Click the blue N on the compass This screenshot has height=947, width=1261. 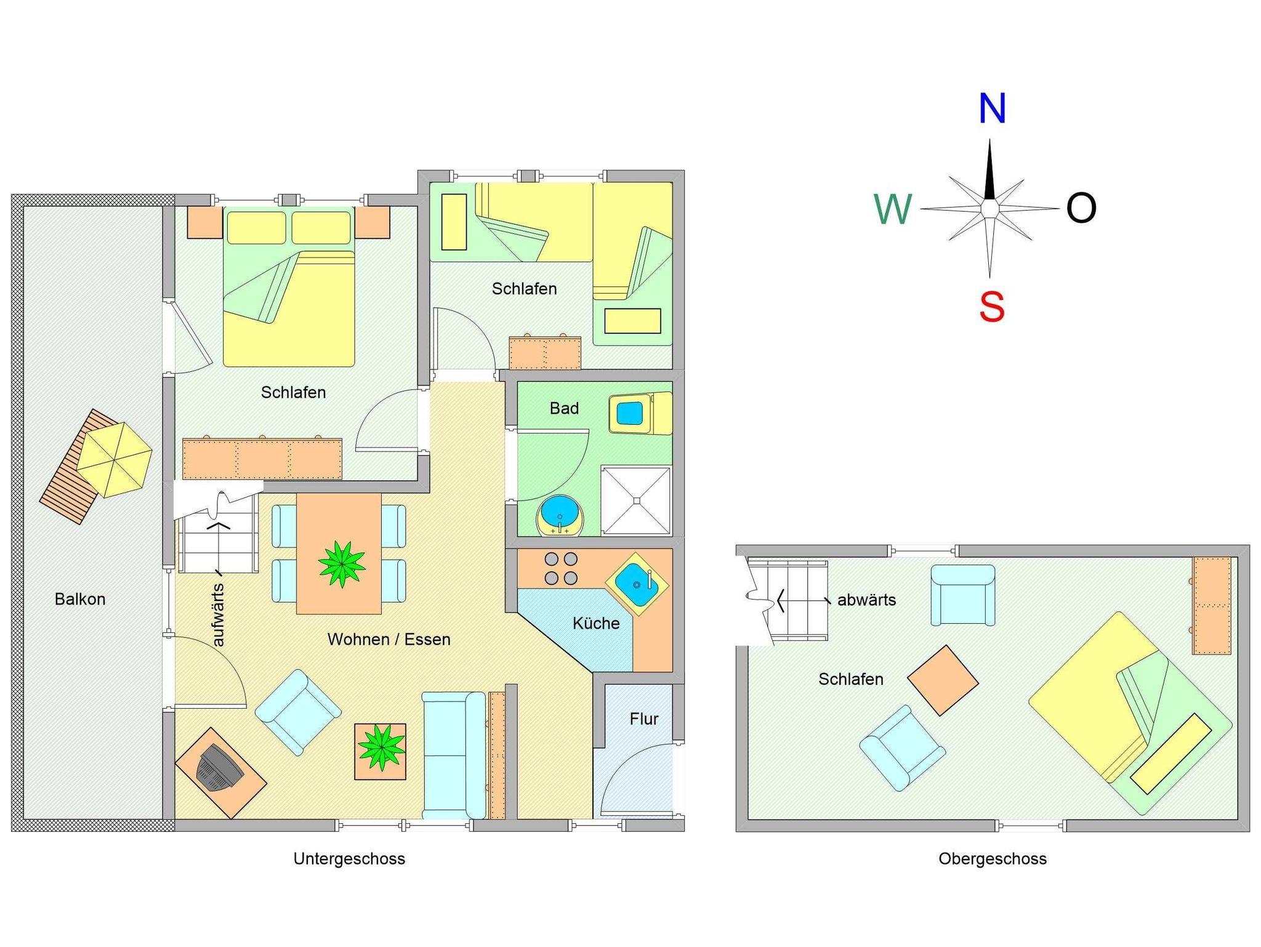coord(992,109)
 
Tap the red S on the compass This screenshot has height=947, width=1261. coord(991,307)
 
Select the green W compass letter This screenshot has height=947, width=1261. coord(893,209)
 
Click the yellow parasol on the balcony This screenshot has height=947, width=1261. coord(115,459)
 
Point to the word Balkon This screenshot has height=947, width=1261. coord(80,599)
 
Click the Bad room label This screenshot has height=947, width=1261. coord(564,408)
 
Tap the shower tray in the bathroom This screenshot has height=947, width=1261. coord(636,501)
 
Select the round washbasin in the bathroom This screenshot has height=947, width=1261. coord(559,516)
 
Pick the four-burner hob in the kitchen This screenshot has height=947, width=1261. coord(561,568)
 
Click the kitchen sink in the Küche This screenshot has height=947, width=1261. coord(637,584)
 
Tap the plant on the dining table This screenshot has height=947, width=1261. coord(342,563)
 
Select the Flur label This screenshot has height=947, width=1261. coord(644,719)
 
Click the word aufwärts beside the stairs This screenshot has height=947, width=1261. coord(218,615)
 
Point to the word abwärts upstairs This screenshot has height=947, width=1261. coord(866,600)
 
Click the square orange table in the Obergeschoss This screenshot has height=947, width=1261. coord(943,680)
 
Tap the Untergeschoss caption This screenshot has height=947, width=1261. coord(349,858)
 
